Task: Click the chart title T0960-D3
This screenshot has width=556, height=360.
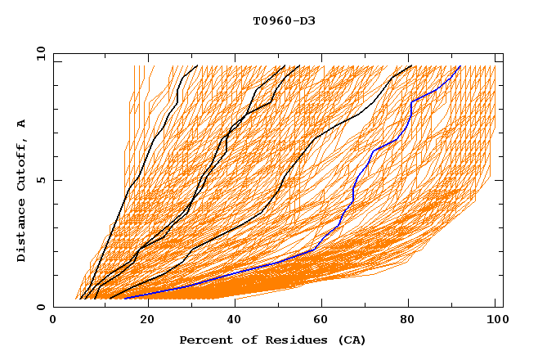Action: tap(284, 20)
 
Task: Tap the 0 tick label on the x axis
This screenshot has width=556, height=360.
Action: tap(54, 320)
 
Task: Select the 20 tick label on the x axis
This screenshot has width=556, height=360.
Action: tap(142, 320)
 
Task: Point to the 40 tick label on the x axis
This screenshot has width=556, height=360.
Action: tap(231, 320)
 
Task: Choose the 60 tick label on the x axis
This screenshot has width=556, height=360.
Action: tap(319, 320)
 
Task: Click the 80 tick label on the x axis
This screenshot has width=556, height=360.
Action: tap(407, 320)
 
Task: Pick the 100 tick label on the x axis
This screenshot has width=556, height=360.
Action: tap(495, 320)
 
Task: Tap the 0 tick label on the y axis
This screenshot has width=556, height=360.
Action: tap(41, 307)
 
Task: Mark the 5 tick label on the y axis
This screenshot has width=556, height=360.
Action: tap(41, 180)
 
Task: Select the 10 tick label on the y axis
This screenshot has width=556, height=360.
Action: tap(38, 53)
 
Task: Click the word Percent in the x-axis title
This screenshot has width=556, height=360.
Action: tap(204, 340)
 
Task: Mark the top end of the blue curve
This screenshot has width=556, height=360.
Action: tap(460, 66)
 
